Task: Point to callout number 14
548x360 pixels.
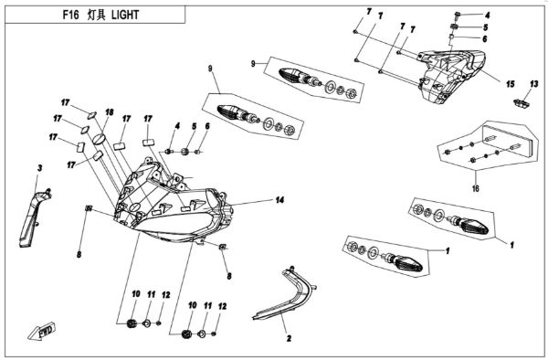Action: [279, 198]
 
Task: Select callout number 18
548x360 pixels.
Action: [110, 111]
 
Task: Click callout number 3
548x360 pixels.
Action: [40, 169]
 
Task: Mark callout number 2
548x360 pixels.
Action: [288, 338]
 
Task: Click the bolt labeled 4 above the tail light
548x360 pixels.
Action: [458, 16]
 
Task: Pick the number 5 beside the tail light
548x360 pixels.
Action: [487, 27]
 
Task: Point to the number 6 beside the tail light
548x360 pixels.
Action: [487, 39]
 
